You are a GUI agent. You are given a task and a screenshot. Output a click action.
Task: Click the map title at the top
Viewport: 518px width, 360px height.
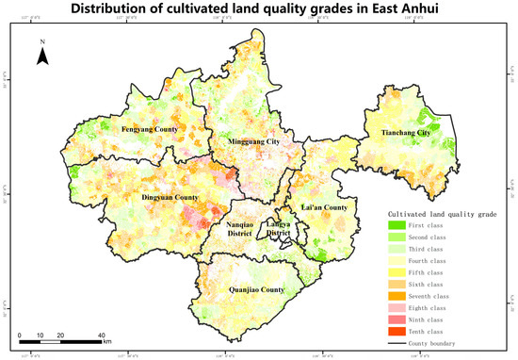click(x=259, y=11)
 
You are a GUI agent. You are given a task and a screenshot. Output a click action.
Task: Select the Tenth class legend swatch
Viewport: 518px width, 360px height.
click(x=397, y=330)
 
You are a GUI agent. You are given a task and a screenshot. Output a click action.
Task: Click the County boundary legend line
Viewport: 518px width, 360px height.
click(x=397, y=342)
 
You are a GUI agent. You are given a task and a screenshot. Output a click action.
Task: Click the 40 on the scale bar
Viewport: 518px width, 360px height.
click(x=102, y=335)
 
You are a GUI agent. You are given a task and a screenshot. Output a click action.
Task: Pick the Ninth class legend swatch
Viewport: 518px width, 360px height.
click(x=397, y=319)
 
